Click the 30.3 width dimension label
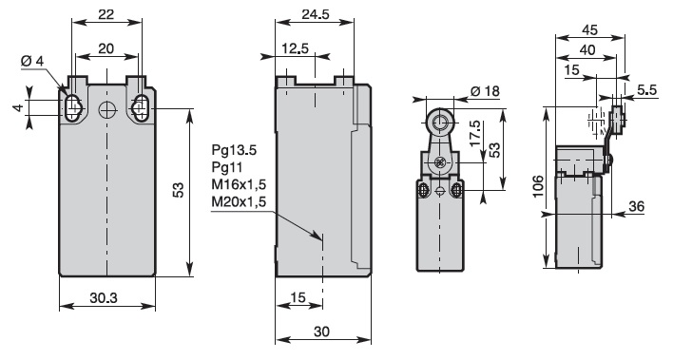(103, 297)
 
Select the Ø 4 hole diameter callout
(32, 62)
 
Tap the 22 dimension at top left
(106, 14)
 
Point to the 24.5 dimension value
(315, 14)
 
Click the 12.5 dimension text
(296, 48)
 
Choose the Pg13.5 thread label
(234, 150)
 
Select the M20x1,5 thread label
(239, 201)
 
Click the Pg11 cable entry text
(227, 167)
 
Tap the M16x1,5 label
(239, 184)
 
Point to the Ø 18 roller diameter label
(486, 91)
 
